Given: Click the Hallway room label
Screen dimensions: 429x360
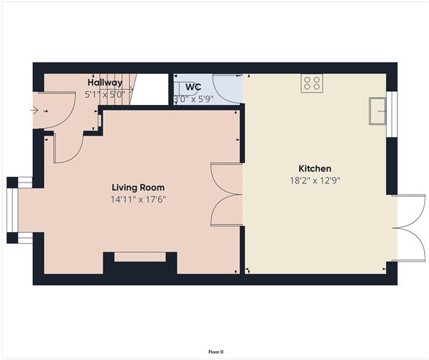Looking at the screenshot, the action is tap(105, 83).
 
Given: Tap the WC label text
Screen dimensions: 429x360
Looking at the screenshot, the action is tap(193, 87).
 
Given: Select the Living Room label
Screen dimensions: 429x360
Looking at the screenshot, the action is tap(138, 188).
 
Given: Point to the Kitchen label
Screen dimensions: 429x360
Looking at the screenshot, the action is tap(315, 169).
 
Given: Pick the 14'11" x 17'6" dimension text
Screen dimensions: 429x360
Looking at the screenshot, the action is tap(138, 200).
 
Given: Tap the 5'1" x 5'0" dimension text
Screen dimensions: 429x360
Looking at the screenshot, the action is tap(105, 95).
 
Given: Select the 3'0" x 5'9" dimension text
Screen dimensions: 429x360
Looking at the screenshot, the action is tap(193, 98).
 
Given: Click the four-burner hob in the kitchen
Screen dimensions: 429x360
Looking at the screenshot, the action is tap(312, 83).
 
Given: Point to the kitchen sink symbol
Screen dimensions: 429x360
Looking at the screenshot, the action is tap(377, 111).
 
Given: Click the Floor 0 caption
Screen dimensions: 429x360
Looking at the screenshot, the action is tap(216, 352).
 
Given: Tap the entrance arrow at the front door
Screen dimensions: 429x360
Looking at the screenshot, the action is tap(34, 111).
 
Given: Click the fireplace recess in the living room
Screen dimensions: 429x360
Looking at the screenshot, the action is tap(140, 257).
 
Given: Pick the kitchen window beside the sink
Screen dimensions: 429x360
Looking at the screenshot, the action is tap(392, 114).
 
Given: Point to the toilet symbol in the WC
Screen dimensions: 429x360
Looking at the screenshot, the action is tap(187, 88).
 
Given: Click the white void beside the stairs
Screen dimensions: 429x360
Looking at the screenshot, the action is tap(150, 89).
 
